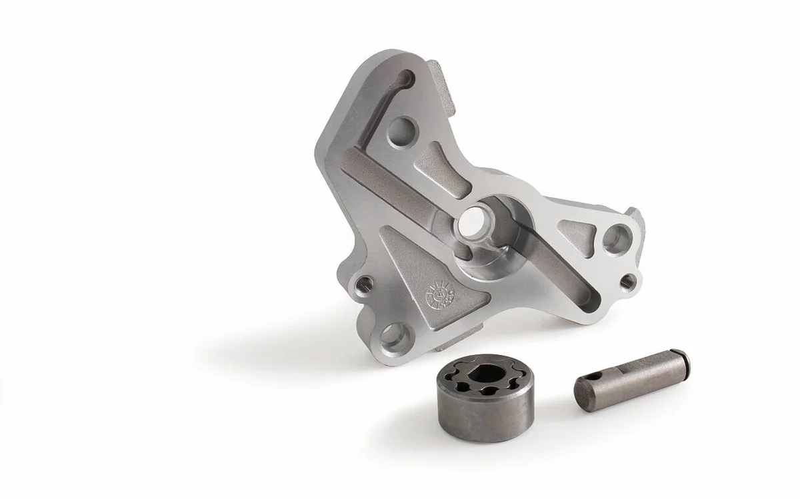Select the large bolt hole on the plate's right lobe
pyautogui.click(x=616, y=237)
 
